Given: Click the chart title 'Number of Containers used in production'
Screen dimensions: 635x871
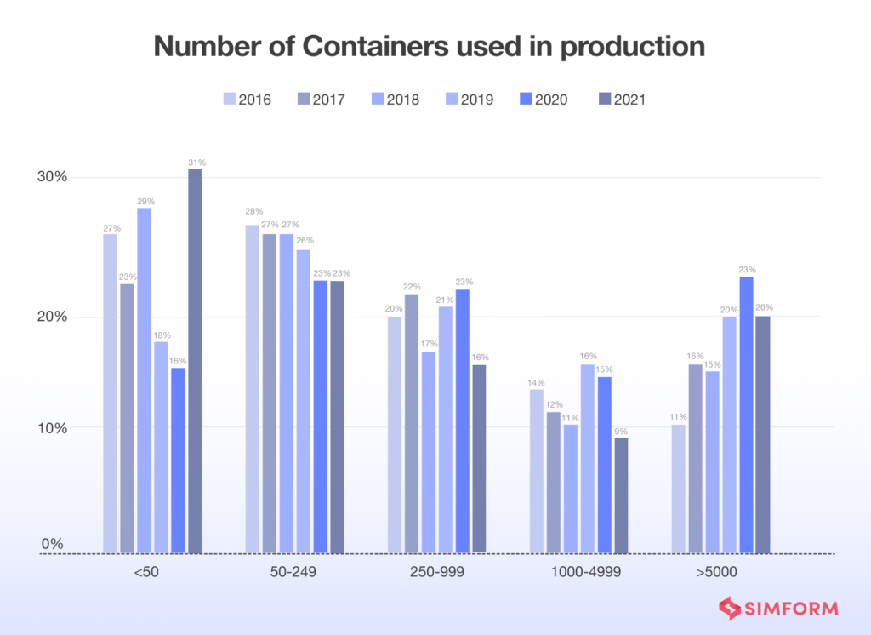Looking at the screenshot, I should [429, 47].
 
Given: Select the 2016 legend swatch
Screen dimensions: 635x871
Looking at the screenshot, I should [229, 100].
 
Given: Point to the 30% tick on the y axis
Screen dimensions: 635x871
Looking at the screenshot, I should [50, 177].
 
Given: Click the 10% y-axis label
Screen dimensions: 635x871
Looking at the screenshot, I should [50, 427].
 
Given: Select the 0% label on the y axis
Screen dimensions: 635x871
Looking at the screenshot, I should [52, 543].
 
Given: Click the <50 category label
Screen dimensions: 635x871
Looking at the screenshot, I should [145, 572].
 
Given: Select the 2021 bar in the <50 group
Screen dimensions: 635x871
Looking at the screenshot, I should [195, 361].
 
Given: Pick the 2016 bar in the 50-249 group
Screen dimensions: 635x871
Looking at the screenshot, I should [252, 389].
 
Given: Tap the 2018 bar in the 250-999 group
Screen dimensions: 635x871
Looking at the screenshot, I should [428, 452].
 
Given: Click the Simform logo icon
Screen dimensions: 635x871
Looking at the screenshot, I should [730, 608].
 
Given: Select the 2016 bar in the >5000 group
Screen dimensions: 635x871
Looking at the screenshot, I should [678, 489].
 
